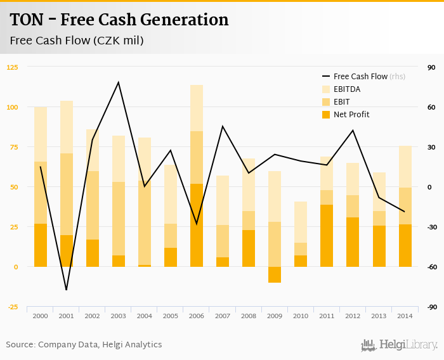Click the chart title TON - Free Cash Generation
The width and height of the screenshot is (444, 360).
119,20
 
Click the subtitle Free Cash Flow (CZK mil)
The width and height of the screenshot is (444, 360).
77,41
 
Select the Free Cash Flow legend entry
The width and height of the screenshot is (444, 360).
360,76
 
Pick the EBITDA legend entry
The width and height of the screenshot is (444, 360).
347,89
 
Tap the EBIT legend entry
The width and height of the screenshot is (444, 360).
341,102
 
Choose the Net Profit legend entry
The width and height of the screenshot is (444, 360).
351,115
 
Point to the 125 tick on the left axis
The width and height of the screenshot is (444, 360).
13,67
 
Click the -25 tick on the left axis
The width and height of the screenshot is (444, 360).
13,307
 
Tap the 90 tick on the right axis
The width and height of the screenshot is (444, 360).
431,67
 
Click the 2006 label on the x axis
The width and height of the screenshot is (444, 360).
197,316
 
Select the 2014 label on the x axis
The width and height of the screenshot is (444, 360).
405,316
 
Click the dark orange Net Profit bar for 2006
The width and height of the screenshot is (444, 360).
197,225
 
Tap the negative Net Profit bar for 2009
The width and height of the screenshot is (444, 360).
275,274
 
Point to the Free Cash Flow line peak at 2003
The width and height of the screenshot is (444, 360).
119,82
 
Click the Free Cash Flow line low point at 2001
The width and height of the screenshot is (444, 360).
67,290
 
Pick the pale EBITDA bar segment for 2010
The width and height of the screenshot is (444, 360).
301,222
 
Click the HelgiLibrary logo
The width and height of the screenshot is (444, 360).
400,345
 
